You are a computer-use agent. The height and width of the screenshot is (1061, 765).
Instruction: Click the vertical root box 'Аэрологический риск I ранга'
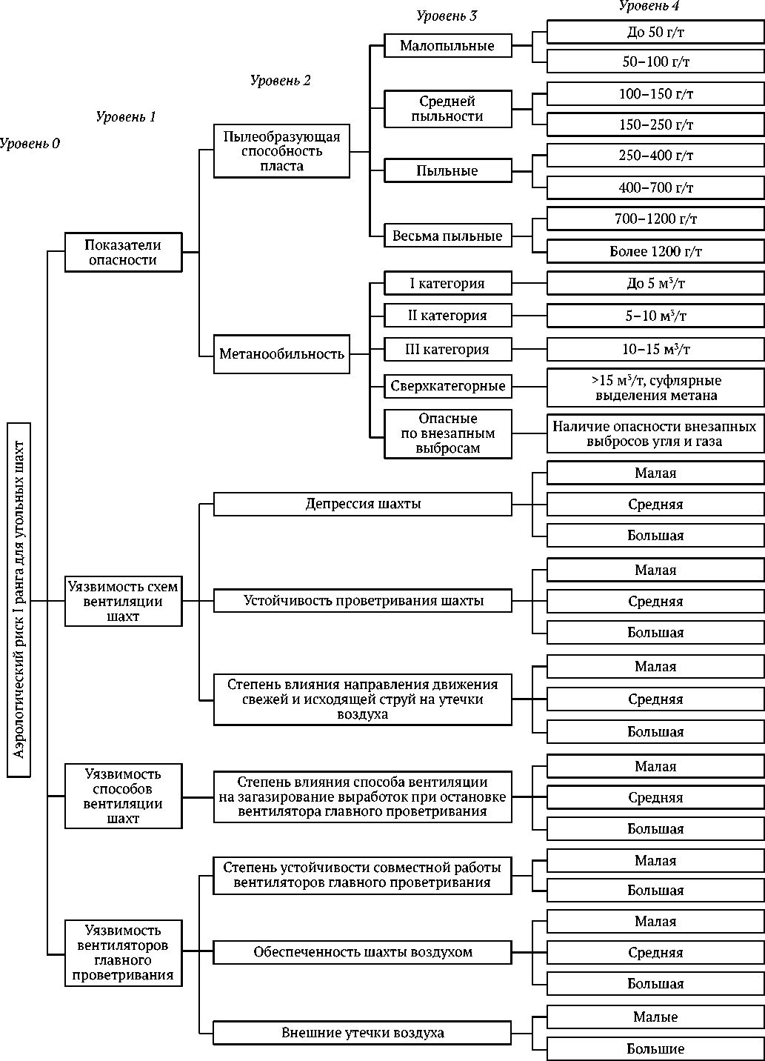(x=19, y=599)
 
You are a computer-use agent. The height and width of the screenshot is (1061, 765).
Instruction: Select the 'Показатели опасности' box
(x=123, y=253)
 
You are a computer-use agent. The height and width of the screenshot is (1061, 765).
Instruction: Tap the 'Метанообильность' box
(x=281, y=354)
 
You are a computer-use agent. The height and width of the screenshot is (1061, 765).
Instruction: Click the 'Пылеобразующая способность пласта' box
(x=281, y=151)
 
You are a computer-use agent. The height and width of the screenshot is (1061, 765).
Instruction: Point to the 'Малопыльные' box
(x=447, y=46)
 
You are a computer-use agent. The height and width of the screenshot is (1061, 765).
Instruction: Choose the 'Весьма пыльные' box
(x=447, y=236)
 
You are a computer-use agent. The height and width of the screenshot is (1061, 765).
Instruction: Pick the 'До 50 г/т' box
(x=655, y=32)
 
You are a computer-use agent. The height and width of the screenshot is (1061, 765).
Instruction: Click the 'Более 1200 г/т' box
(x=655, y=252)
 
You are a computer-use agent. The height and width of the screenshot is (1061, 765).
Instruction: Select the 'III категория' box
(x=447, y=349)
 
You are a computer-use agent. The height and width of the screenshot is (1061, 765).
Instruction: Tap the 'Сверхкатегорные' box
(x=447, y=386)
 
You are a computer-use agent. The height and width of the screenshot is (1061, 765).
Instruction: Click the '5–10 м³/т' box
(x=655, y=316)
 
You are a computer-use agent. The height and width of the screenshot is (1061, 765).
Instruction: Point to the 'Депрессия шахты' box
(x=363, y=505)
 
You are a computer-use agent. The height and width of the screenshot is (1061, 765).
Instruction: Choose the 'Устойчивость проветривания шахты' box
(x=363, y=600)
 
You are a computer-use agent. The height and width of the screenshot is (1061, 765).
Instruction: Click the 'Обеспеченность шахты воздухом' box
(x=363, y=952)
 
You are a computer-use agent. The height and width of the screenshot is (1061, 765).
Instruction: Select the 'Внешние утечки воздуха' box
(x=363, y=1033)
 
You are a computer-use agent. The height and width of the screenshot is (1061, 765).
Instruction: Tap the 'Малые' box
(x=655, y=1017)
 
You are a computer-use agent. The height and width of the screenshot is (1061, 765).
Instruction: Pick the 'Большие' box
(x=655, y=1048)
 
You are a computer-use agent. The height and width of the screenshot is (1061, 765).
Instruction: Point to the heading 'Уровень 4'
(x=649, y=6)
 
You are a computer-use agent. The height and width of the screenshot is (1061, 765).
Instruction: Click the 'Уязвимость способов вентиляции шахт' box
(x=123, y=796)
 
